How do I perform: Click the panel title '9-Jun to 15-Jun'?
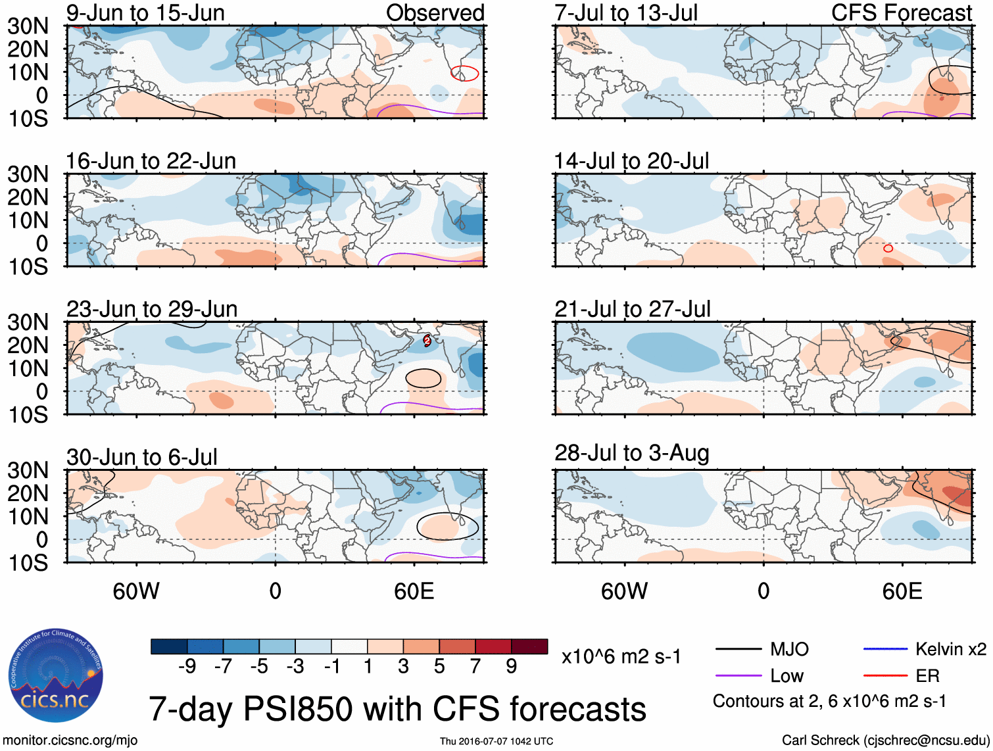click(x=145, y=12)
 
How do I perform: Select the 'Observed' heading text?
click(x=435, y=12)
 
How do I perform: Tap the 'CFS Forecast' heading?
click(x=901, y=12)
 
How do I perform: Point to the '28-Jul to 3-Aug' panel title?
click(x=631, y=453)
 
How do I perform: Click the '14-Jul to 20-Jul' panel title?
click(x=631, y=161)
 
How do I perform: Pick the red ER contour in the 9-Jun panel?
click(x=464, y=73)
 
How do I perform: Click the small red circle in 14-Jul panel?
click(x=888, y=248)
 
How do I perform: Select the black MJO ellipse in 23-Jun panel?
click(x=423, y=378)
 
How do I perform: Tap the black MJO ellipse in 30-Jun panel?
click(x=447, y=526)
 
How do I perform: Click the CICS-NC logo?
click(x=56, y=675)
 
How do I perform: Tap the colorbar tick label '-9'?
click(x=187, y=667)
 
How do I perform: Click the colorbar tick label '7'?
click(x=475, y=667)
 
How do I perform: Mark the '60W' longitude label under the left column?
click(x=136, y=591)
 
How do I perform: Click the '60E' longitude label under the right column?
click(x=902, y=591)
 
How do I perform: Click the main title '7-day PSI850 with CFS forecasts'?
click(x=397, y=710)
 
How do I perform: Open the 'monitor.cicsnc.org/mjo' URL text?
click(x=70, y=740)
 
